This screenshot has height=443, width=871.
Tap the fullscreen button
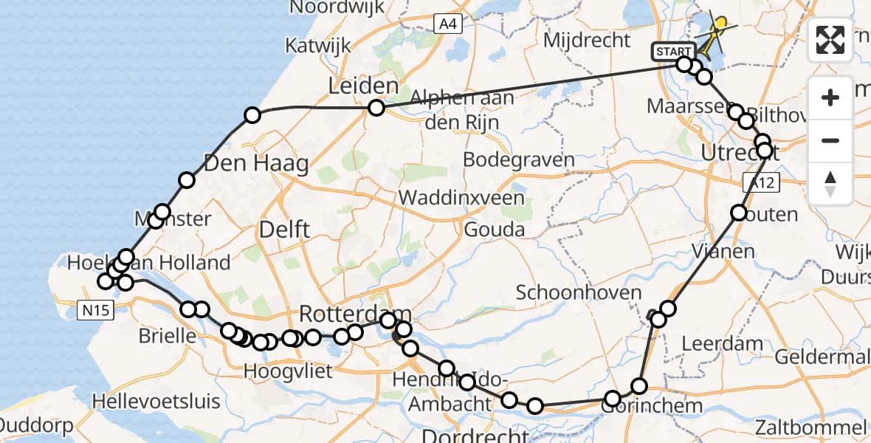point(830,40)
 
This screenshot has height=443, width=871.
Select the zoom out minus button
point(830,140)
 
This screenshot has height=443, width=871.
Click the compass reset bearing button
point(830,183)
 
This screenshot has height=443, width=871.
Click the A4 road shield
point(447,24)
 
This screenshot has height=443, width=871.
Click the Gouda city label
point(495,230)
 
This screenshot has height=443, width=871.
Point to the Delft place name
point(284,230)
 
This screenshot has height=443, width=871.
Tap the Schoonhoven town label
point(579,292)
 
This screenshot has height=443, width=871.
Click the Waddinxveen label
point(461,198)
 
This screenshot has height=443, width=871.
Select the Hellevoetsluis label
point(156,402)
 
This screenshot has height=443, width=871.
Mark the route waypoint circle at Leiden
point(376,109)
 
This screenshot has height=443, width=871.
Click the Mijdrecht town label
point(587,40)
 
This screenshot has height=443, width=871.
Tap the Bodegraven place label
point(519,159)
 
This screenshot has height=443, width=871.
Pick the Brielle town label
point(168,336)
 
